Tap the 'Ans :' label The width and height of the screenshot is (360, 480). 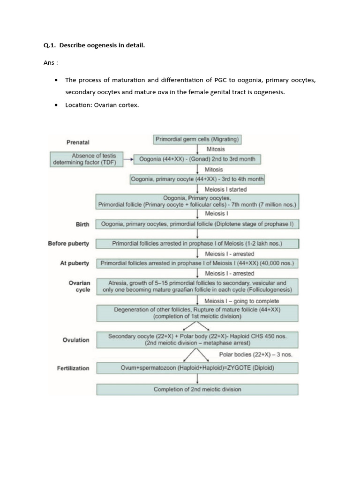pos(51,63)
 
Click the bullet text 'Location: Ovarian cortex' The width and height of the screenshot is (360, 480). pos(102,105)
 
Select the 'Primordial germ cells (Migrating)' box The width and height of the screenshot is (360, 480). pos(197,140)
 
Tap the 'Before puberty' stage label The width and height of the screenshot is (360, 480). pos(68,244)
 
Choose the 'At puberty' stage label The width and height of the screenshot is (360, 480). pos(74,263)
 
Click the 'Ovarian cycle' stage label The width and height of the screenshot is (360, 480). pos(79,286)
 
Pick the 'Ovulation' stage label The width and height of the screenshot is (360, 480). pos(75,340)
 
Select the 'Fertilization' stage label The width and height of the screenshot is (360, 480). pos(73,368)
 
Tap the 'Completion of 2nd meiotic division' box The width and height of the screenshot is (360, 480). pos(197,390)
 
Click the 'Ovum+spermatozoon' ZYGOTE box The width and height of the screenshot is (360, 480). pos(197,368)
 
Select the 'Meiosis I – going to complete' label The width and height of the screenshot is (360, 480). pos(242,301)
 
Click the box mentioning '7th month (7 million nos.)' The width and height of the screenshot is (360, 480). pos(197,201)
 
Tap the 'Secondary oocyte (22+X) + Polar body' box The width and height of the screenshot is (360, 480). pos(197,339)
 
